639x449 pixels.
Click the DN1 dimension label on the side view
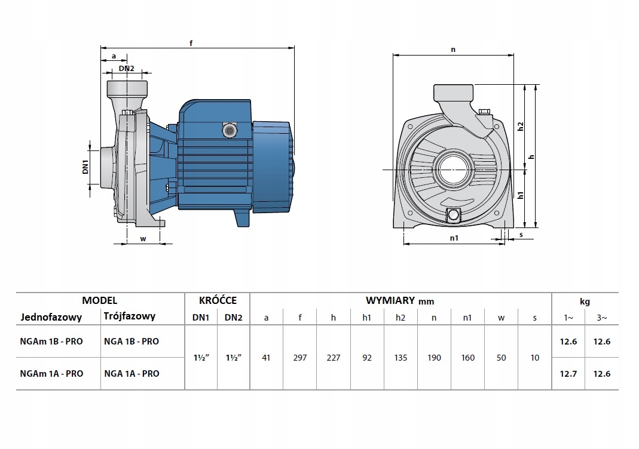(x=85, y=167)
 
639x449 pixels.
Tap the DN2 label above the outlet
(x=126, y=69)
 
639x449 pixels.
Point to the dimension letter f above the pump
(x=191, y=43)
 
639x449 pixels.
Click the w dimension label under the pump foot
(x=143, y=239)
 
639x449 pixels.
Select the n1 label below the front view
(x=454, y=238)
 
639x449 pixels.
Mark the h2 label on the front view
(x=521, y=127)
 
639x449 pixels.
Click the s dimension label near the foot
(x=521, y=235)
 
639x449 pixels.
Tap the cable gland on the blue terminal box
(x=229, y=130)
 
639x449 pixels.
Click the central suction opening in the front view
(x=454, y=170)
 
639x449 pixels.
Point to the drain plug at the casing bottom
(x=454, y=214)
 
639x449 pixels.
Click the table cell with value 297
(x=300, y=358)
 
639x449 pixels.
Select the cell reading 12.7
(x=568, y=374)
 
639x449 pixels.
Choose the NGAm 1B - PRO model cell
(x=51, y=342)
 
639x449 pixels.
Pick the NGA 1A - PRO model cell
(x=132, y=374)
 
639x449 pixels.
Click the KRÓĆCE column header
(x=218, y=300)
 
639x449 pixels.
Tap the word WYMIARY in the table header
(x=390, y=301)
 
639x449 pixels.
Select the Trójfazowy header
(x=130, y=316)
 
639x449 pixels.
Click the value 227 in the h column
(x=334, y=358)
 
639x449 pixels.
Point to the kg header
(x=585, y=302)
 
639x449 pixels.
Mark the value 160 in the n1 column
(x=468, y=358)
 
